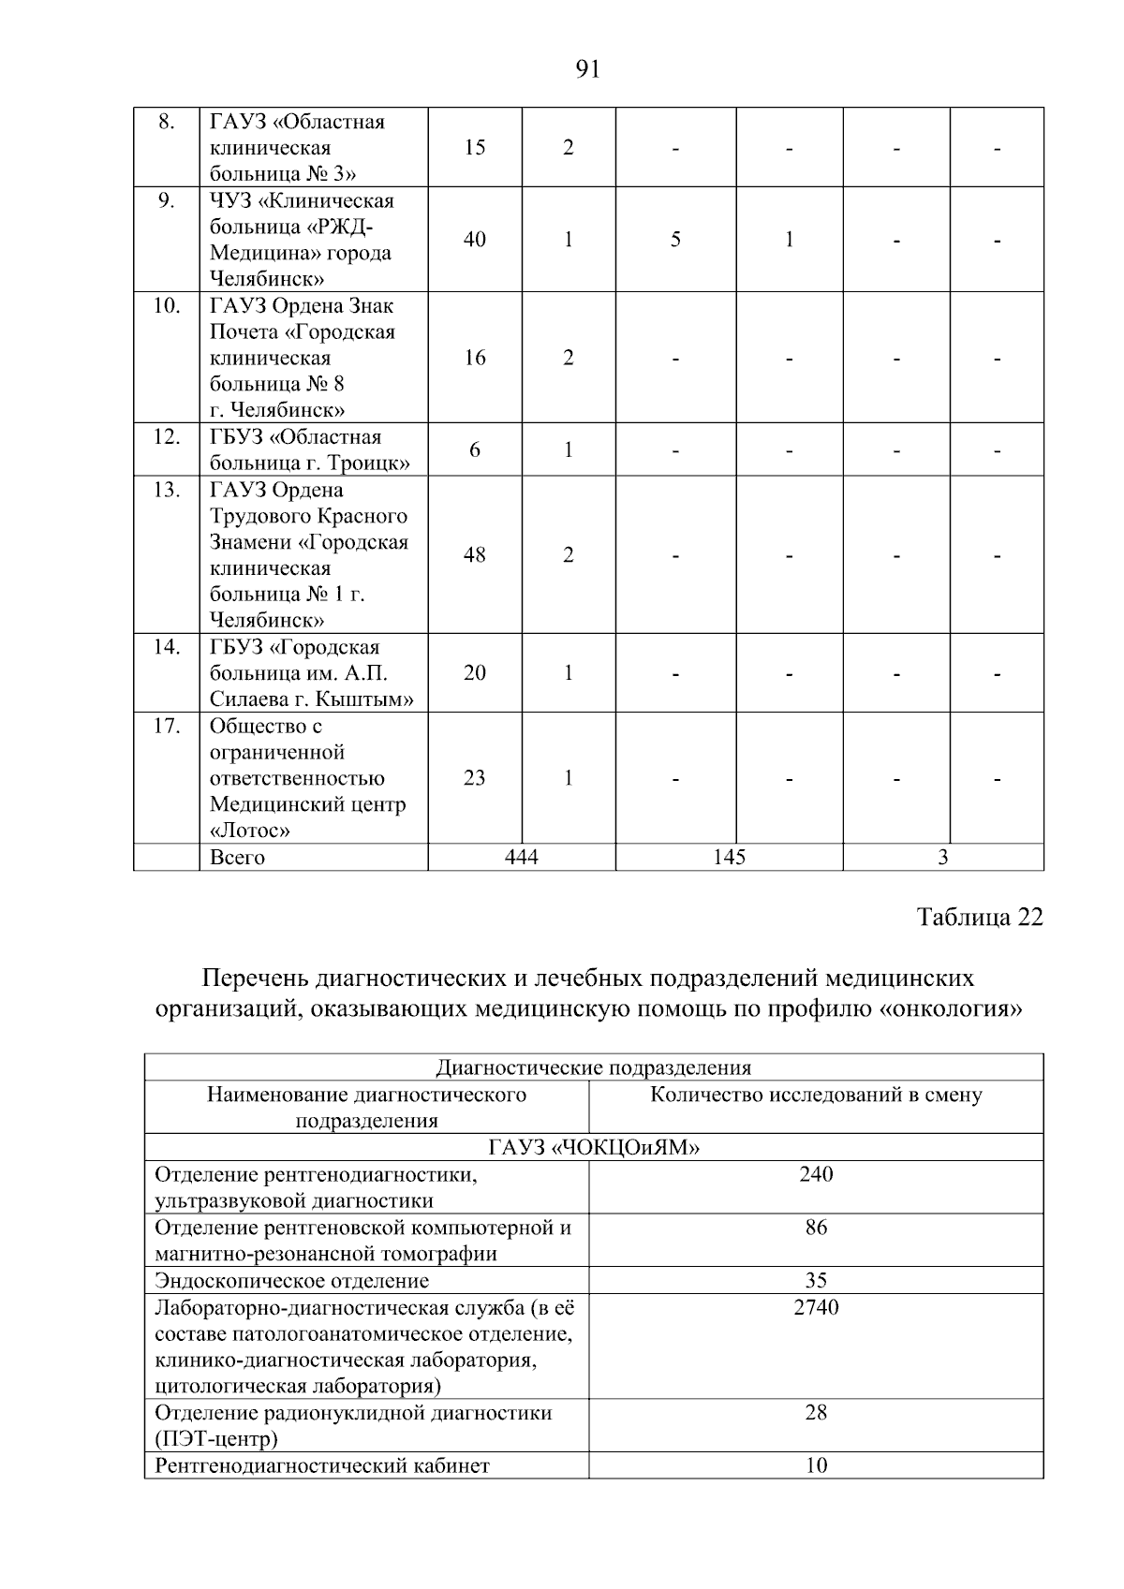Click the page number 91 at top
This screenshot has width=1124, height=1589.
[586, 70]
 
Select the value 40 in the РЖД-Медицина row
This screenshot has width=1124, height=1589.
[475, 240]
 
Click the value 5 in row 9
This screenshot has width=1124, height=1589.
[675, 240]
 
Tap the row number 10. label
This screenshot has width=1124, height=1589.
[166, 305]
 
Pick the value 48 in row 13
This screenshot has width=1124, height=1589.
[475, 555]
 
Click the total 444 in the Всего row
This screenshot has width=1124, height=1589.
[521, 857]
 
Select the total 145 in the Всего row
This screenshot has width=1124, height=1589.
[729, 857]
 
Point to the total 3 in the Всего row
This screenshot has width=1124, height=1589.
[943, 857]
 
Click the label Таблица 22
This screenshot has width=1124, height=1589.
[980, 917]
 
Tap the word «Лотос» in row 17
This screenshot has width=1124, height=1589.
[249, 831]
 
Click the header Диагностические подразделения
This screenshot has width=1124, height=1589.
[594, 1067]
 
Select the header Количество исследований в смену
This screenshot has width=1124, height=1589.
[816, 1095]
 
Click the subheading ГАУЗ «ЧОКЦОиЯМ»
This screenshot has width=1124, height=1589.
[594, 1148]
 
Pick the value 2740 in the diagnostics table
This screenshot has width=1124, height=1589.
[816, 1307]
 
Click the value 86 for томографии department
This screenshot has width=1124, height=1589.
[816, 1228]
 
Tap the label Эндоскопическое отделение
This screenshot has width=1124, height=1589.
[291, 1281]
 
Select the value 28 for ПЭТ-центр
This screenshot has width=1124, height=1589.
[816, 1413]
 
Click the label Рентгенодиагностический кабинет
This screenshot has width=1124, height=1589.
[321, 1466]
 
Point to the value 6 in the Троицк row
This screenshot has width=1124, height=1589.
[475, 450]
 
